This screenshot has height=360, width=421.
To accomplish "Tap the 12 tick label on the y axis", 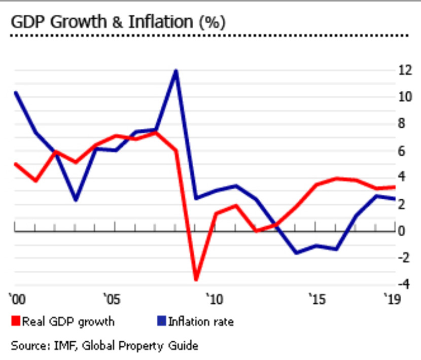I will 404,70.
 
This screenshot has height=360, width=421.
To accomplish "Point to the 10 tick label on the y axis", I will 404,97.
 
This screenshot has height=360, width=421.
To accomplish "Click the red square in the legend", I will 15,321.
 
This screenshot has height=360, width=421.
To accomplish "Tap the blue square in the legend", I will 161,321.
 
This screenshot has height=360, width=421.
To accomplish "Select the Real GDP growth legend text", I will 68,321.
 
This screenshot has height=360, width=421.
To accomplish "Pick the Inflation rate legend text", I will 201,321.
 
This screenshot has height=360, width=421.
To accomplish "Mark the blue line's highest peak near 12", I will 176,70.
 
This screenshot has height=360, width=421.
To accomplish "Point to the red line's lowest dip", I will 196,279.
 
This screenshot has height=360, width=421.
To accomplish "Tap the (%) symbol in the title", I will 213,22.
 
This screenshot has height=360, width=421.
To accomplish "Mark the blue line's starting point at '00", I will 16,92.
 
